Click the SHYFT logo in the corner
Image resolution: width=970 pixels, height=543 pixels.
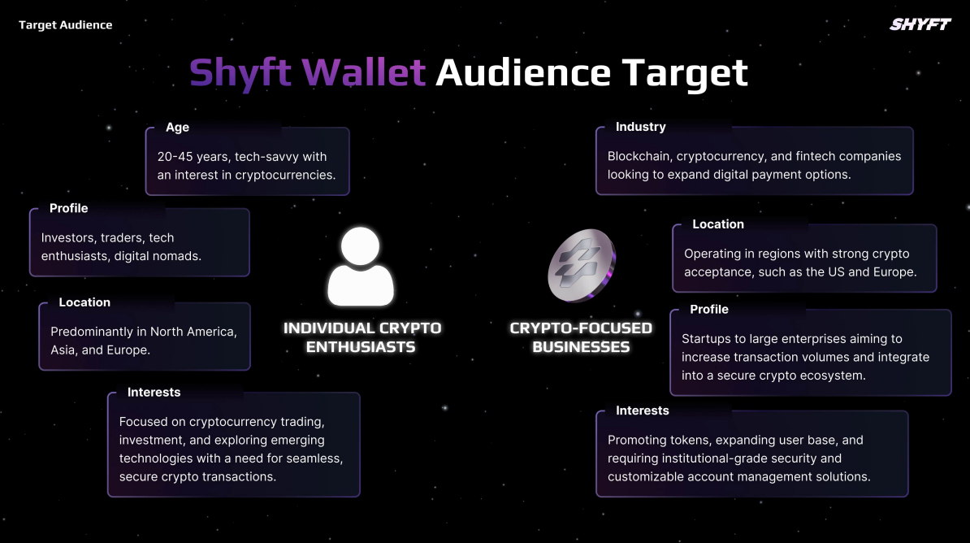pyautogui.click(x=920, y=24)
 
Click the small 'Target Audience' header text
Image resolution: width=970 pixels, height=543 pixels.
pyautogui.click(x=66, y=24)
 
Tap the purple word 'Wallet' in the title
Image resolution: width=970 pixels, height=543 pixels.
pyautogui.click(x=364, y=72)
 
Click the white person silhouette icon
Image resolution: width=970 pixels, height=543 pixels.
pyautogui.click(x=361, y=267)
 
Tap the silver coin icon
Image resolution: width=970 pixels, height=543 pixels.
pyautogui.click(x=582, y=265)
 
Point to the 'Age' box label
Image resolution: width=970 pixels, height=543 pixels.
pyautogui.click(x=178, y=128)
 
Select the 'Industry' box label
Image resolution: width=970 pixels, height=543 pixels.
pyautogui.click(x=640, y=127)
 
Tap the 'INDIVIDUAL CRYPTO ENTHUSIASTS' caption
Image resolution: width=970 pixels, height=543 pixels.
pyautogui.click(x=362, y=337)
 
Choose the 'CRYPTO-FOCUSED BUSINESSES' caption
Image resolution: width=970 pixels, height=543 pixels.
pyautogui.click(x=581, y=337)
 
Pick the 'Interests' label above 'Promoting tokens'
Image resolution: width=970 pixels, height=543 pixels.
pyautogui.click(x=642, y=411)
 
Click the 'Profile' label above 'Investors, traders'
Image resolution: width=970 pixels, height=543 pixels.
pyautogui.click(x=69, y=209)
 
